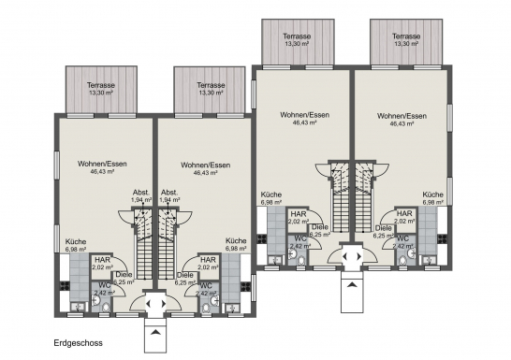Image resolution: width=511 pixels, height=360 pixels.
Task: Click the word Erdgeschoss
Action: click(79, 343)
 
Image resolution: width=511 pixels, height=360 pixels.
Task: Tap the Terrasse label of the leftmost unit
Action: click(101, 85)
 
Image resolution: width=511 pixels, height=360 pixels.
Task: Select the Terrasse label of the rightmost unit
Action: click(406, 36)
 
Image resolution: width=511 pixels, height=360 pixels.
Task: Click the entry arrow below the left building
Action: click(155, 332)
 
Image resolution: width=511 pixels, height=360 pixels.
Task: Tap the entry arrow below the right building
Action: click(352, 285)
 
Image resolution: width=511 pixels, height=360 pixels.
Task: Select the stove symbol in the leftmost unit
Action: click(65, 285)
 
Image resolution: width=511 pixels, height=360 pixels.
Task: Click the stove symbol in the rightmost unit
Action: click(443, 238)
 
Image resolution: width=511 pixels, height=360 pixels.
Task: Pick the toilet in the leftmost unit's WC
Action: click(106, 308)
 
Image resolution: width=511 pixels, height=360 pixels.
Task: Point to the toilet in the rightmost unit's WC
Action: click(403, 261)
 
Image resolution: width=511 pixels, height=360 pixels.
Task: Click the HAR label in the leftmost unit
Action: click(102, 260)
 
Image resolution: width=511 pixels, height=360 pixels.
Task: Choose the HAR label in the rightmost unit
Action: click(404, 213)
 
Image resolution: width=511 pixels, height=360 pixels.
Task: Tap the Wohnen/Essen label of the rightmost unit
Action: click(401, 116)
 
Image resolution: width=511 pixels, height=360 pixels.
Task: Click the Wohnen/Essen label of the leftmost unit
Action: click(102, 164)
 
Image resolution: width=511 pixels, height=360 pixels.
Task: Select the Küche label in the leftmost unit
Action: click(76, 242)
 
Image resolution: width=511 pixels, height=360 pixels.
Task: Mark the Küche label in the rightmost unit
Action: click(432, 194)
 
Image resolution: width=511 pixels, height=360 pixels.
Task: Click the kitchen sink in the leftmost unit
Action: click(78, 307)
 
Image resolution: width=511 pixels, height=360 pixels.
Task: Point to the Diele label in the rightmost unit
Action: click(384, 228)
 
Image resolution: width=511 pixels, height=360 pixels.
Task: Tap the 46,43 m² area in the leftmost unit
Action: click(102, 171)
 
